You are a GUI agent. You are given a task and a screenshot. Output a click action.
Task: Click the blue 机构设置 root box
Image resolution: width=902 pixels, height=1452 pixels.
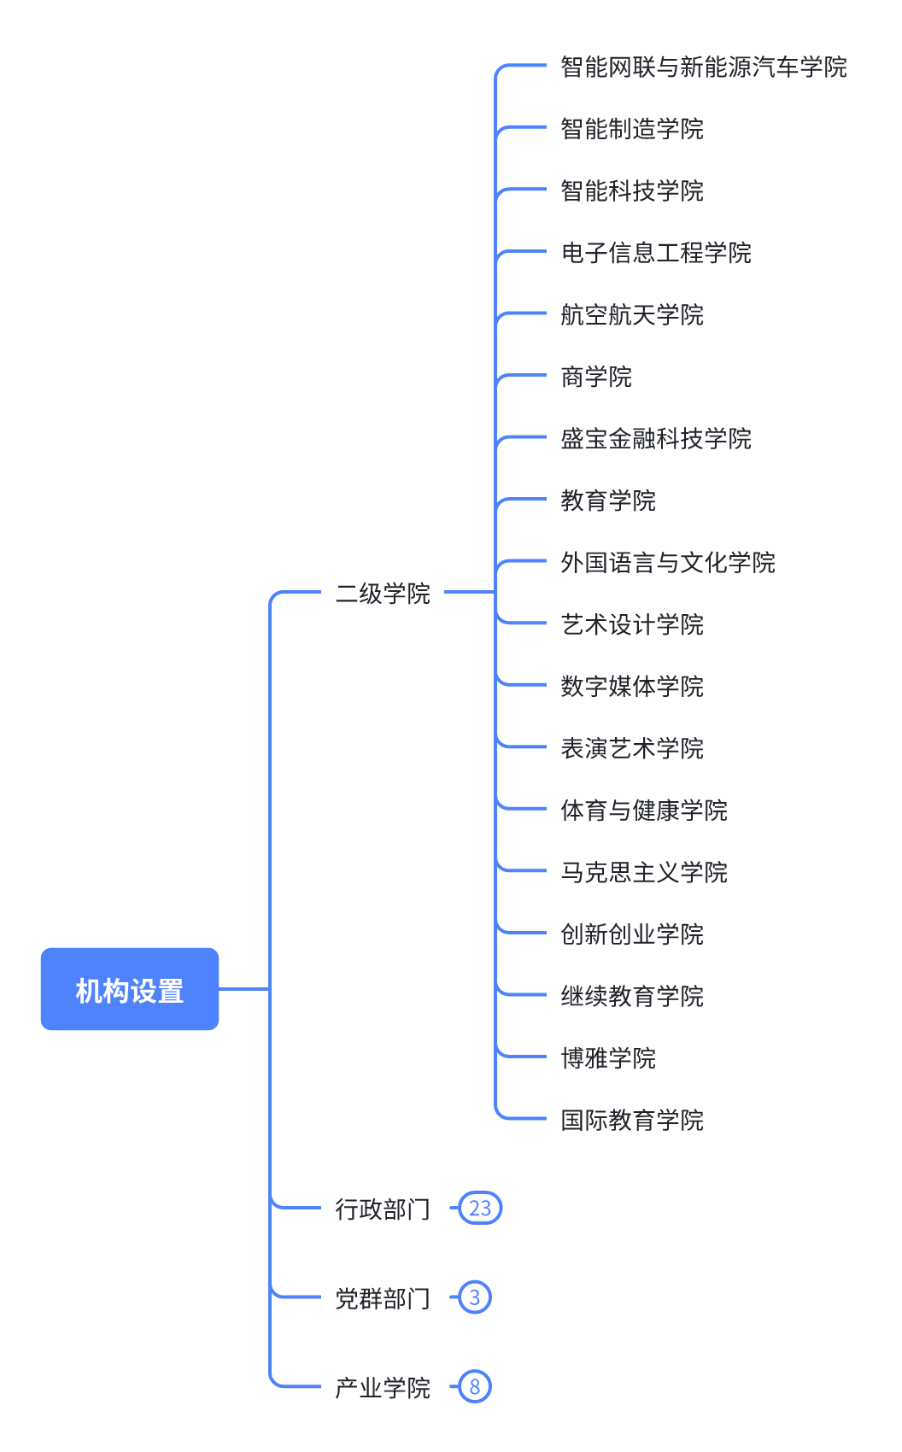[130, 989]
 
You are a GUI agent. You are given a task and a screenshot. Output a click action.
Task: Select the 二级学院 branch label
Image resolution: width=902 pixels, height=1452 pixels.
[383, 593]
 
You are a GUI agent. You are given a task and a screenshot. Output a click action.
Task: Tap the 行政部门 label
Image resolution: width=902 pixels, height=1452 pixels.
[383, 1209]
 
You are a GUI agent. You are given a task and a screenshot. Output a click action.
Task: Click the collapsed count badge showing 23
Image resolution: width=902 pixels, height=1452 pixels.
[480, 1209]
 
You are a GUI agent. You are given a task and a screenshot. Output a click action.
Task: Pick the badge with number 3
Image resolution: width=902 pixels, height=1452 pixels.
[475, 1297]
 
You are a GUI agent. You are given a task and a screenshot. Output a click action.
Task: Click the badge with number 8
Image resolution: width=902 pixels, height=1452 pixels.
[475, 1386]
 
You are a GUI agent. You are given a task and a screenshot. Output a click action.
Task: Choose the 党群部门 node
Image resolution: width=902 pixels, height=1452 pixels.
[383, 1298]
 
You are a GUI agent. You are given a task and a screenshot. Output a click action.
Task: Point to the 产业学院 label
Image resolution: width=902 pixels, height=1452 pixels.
[383, 1387]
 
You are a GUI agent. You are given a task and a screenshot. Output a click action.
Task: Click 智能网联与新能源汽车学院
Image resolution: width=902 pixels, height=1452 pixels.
[703, 67]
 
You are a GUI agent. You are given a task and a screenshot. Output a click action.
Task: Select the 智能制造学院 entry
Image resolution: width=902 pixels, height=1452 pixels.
[632, 129]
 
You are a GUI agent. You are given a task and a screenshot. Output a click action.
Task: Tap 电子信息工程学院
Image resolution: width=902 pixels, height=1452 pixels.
[656, 253]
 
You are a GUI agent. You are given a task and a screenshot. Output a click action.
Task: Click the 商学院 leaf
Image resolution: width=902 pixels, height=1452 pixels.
[596, 377]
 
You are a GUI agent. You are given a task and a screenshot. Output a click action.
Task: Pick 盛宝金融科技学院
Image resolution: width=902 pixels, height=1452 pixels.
[656, 438]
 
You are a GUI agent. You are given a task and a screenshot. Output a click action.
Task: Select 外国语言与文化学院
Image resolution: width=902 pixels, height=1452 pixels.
[668, 562]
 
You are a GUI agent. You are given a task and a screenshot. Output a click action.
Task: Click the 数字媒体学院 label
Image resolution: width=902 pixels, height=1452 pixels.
[632, 686]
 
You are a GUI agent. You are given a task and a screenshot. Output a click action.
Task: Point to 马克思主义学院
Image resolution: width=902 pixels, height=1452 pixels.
[644, 872]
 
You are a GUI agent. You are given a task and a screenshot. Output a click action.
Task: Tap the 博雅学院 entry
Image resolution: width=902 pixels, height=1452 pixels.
[608, 1058]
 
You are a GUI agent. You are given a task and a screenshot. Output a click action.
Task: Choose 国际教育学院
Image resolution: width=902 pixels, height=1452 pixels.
[632, 1120]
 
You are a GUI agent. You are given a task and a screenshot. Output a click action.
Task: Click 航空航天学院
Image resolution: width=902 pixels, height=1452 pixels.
[632, 314]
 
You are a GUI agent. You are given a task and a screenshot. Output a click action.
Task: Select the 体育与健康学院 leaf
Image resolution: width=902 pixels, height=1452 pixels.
[644, 810]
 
